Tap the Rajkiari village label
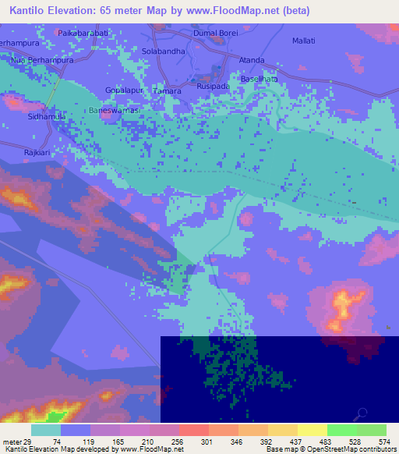tap(37, 153)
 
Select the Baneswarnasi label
tap(114, 111)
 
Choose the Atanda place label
tap(252, 60)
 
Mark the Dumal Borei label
tap(214, 34)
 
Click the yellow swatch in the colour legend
tap(312, 430)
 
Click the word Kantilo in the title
tap(30, 11)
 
